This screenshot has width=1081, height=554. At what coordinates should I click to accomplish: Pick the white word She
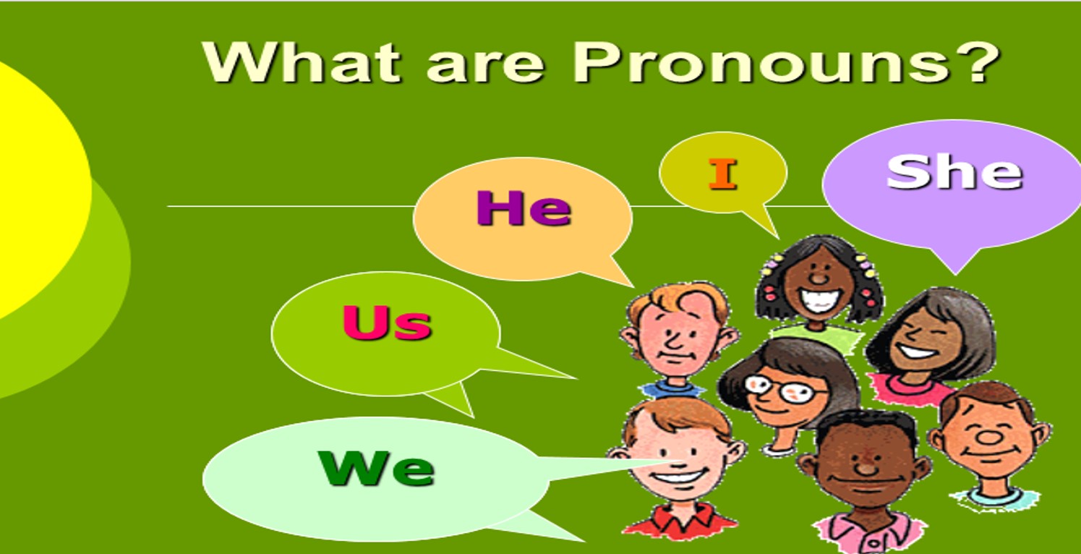tap(954, 172)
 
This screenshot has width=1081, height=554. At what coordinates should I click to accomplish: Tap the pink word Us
tap(387, 323)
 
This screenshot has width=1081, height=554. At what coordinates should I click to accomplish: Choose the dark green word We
tap(376, 468)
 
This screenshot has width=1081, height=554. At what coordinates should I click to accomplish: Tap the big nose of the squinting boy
tap(986, 435)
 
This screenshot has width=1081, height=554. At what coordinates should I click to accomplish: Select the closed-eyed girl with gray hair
tap(929, 340)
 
